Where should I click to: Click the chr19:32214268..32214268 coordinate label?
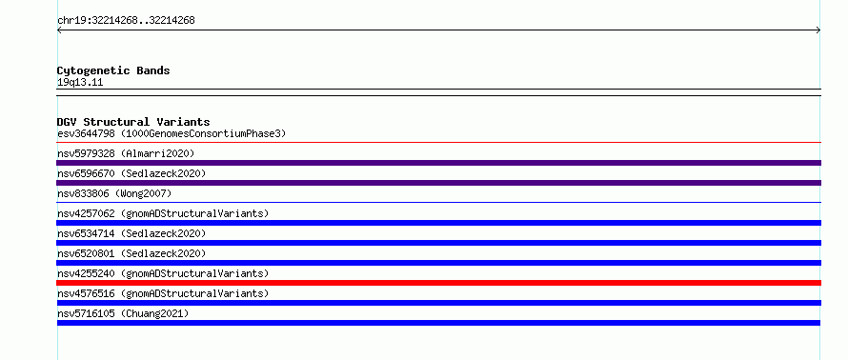coord(126,21)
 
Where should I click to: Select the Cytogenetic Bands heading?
coord(113,70)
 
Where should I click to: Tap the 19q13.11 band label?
coord(80,83)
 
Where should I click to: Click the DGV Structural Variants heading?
coord(133,122)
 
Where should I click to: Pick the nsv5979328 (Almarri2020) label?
coord(126,153)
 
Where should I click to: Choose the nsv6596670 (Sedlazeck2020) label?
coord(131,173)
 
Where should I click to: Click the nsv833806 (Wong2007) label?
coord(114,193)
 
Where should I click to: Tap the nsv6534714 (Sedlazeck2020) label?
coord(131,233)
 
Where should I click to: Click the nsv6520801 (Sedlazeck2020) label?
coord(131,253)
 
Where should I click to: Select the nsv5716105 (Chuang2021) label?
coord(123,313)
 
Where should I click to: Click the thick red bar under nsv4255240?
coord(438,283)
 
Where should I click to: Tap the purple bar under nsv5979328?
coord(438,163)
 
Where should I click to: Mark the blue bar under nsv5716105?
coord(438,323)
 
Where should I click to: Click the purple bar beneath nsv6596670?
coord(438,183)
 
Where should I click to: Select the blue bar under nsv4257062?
coord(438,223)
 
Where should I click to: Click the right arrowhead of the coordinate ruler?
coord(819,30)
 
